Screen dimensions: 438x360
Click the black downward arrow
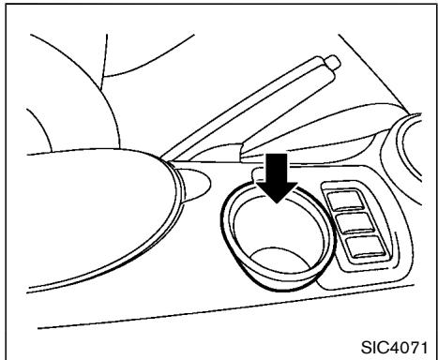[x=277, y=177]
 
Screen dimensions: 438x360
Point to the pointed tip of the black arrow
[x=277, y=203]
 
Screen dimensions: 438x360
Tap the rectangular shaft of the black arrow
[x=277, y=167]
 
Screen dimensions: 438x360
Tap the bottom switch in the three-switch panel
[x=367, y=247]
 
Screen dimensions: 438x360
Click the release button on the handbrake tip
[x=334, y=62]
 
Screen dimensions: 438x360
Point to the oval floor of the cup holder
[x=280, y=260]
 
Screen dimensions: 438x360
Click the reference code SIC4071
[x=394, y=348]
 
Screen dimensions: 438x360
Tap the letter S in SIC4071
[x=367, y=348]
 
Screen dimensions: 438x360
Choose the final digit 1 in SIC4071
[x=423, y=348]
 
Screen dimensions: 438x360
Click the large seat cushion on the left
[x=97, y=213]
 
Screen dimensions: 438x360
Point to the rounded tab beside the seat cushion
[x=195, y=184]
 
